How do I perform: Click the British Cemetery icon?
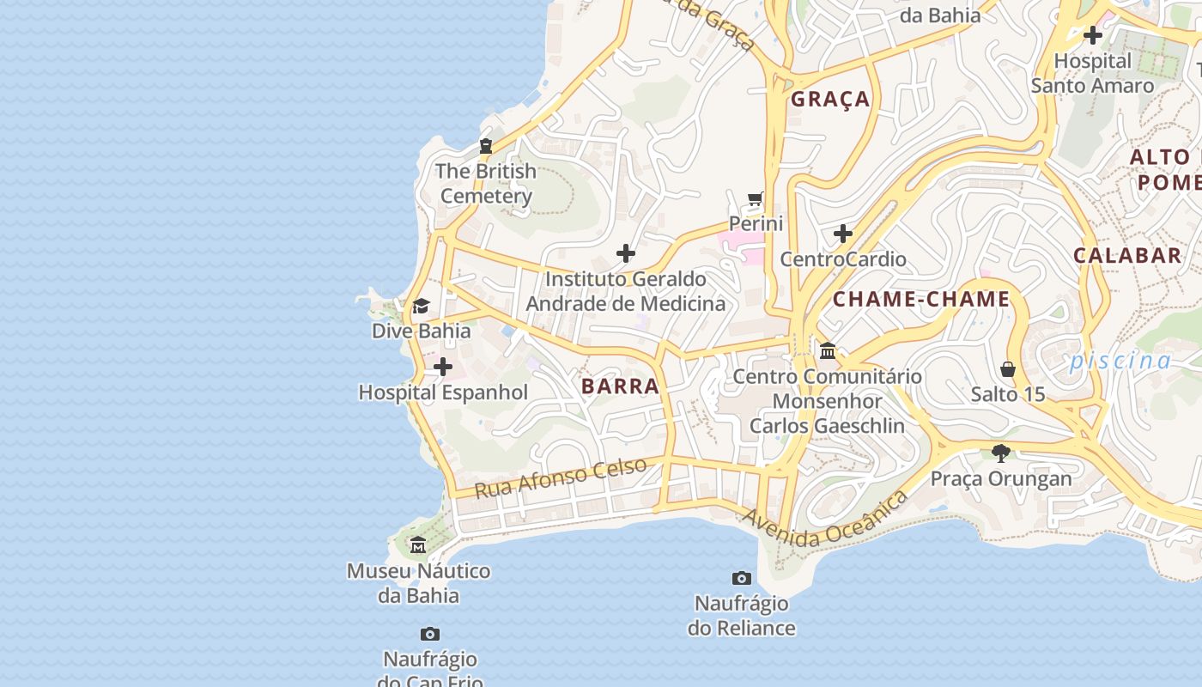pos(486,146)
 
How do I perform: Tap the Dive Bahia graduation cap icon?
pos(421,306)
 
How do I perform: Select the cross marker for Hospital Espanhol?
pos(443,368)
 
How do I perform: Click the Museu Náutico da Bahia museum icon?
pos(418,545)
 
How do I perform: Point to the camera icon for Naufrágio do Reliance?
pos(742,578)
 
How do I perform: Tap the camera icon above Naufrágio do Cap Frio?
pos(430,635)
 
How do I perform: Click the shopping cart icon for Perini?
pos(756,199)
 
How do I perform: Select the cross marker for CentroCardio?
pos(843,234)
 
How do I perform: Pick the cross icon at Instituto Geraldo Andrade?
pos(626,253)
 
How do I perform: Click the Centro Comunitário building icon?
pos(828,350)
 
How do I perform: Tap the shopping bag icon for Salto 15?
pos(1008,369)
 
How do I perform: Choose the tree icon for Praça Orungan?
pos(1000,453)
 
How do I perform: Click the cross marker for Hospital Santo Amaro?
pos(1093,35)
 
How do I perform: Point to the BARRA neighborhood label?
pos(620,386)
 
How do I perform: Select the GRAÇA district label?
pos(830,100)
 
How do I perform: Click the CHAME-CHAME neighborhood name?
pos(921,300)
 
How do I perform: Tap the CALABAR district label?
pos(1127,255)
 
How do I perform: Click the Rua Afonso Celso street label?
pos(561,477)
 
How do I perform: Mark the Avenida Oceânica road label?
pos(824,520)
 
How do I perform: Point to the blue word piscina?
pos(1120,361)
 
